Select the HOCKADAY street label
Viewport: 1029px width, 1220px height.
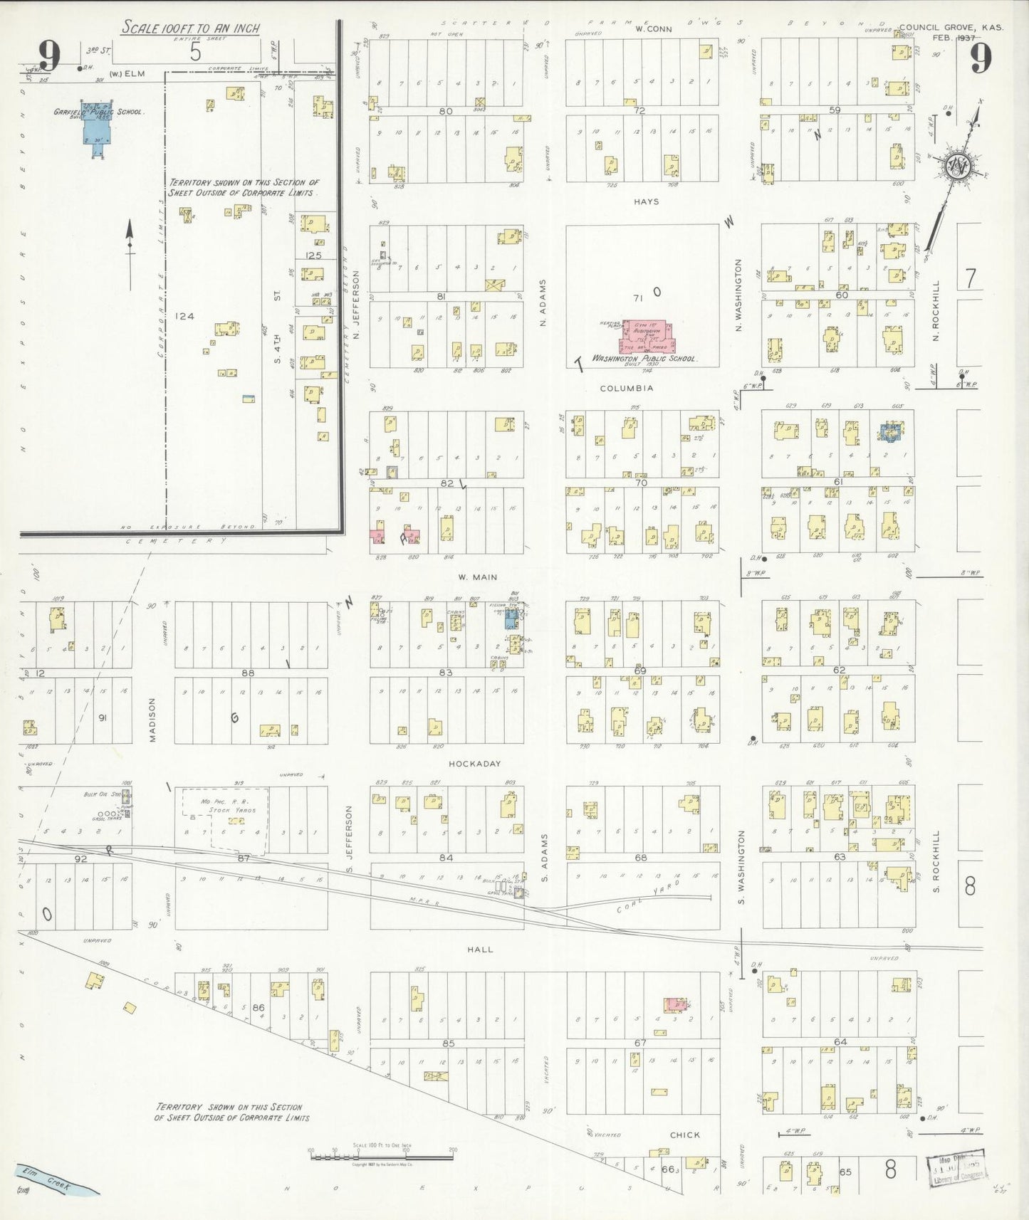(475, 764)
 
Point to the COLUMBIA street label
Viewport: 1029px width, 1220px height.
(626, 389)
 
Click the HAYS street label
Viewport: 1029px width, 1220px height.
(646, 201)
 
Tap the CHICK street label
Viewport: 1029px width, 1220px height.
(684, 1135)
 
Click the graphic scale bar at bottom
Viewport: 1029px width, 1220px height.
(381, 1156)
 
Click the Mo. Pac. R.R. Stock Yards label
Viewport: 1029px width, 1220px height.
(225, 805)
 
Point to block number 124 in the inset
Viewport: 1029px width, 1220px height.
(185, 316)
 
